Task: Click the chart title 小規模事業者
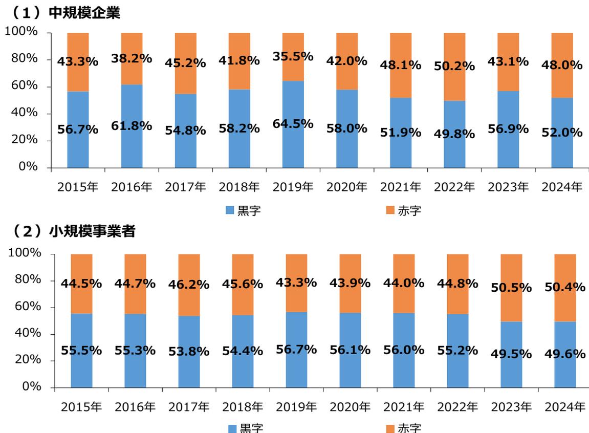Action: pos(92,232)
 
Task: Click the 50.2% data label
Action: pos(454,66)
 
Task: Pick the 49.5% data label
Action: pos(511,354)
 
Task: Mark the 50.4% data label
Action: pos(565,288)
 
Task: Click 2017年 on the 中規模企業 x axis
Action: pos(185,187)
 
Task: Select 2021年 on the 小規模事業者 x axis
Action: pos(404,407)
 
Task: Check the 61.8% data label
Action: pos(132,125)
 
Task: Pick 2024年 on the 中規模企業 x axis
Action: pos(562,187)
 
